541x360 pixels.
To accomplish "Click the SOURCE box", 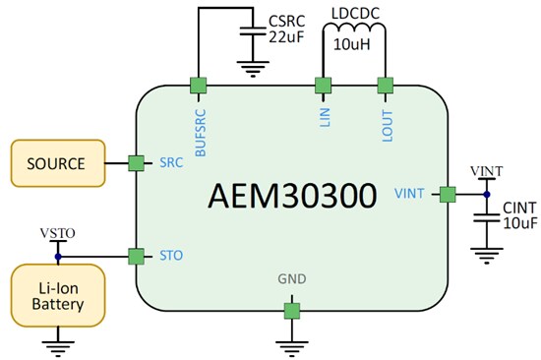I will (x=56, y=163).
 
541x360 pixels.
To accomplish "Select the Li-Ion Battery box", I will (x=56, y=293).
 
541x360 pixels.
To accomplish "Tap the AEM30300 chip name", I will (x=292, y=196).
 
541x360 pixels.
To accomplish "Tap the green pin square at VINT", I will (x=448, y=194).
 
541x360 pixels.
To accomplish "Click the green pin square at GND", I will (x=292, y=311).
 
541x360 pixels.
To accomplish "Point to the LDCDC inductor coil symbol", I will (x=353, y=37).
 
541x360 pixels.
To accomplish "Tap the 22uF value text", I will (x=288, y=37).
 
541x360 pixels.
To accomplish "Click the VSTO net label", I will (x=57, y=234).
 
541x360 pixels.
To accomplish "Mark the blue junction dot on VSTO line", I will (x=57, y=256).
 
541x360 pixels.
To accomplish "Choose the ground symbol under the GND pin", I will (x=292, y=343).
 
